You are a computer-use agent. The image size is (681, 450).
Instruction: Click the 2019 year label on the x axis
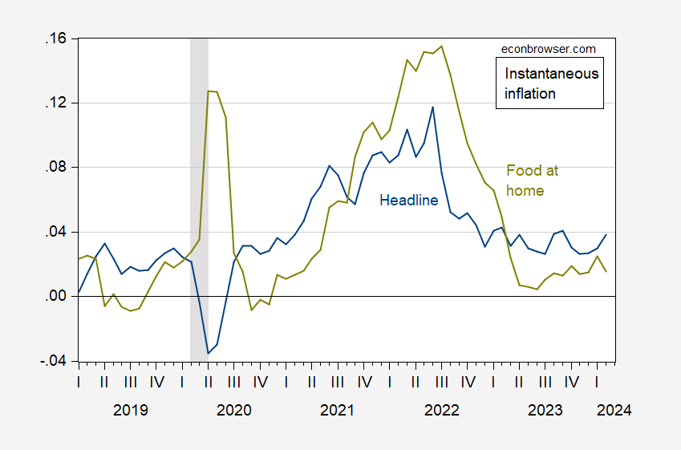pyautogui.click(x=130, y=410)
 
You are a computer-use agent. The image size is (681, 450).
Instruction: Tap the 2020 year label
pyautogui.click(x=234, y=410)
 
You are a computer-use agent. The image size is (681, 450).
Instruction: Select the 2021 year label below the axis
pyautogui.click(x=337, y=410)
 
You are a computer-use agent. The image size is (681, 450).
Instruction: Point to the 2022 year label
pyautogui.click(x=441, y=410)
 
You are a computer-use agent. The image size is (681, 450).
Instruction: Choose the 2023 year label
pyautogui.click(x=545, y=410)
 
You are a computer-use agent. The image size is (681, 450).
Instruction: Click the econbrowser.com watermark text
pyautogui.click(x=548, y=49)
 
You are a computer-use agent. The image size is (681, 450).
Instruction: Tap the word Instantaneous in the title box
pyautogui.click(x=551, y=74)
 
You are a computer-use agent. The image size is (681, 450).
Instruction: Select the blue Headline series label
pyautogui.click(x=409, y=201)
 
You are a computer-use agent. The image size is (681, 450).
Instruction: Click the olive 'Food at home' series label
pyautogui.click(x=532, y=180)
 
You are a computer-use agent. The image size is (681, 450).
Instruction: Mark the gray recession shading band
pyautogui.click(x=199, y=200)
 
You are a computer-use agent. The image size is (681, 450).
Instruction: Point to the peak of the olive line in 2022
pyautogui.click(x=442, y=46)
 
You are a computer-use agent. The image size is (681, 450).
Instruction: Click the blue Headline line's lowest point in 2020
pyautogui.click(x=209, y=354)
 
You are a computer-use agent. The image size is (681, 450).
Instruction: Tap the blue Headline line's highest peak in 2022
pyautogui.click(x=432, y=107)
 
